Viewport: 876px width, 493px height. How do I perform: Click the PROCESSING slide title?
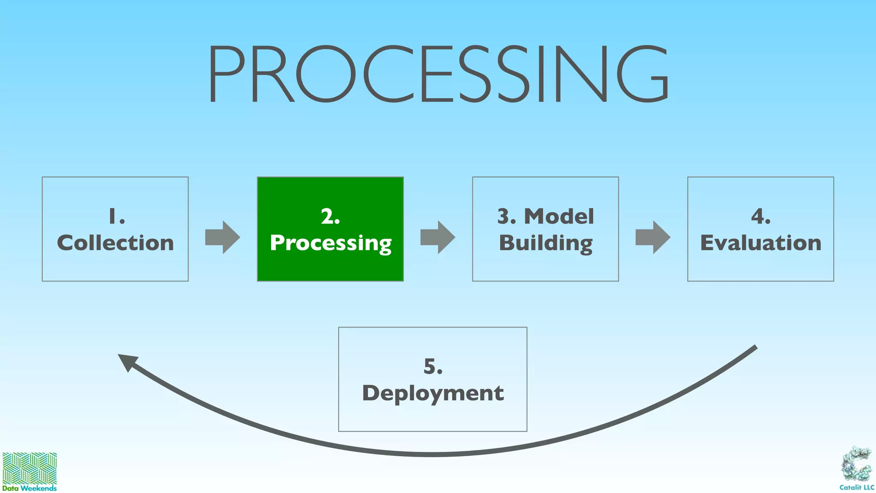[x=438, y=74]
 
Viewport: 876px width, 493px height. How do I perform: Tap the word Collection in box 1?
[x=115, y=243]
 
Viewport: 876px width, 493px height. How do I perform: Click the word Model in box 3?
[x=559, y=217]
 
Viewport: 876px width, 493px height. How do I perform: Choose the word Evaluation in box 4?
[x=761, y=243]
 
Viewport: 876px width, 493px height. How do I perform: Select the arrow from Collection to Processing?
[x=222, y=237]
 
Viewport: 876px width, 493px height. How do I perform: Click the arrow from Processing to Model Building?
[x=438, y=237]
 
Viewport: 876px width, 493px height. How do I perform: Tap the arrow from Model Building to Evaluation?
[x=653, y=237]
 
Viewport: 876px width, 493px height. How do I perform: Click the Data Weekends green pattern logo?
[x=30, y=468]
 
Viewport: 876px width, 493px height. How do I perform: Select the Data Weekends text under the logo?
[x=30, y=488]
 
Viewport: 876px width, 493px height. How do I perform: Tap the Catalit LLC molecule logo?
[x=856, y=464]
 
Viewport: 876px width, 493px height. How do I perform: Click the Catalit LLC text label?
[x=856, y=487]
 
